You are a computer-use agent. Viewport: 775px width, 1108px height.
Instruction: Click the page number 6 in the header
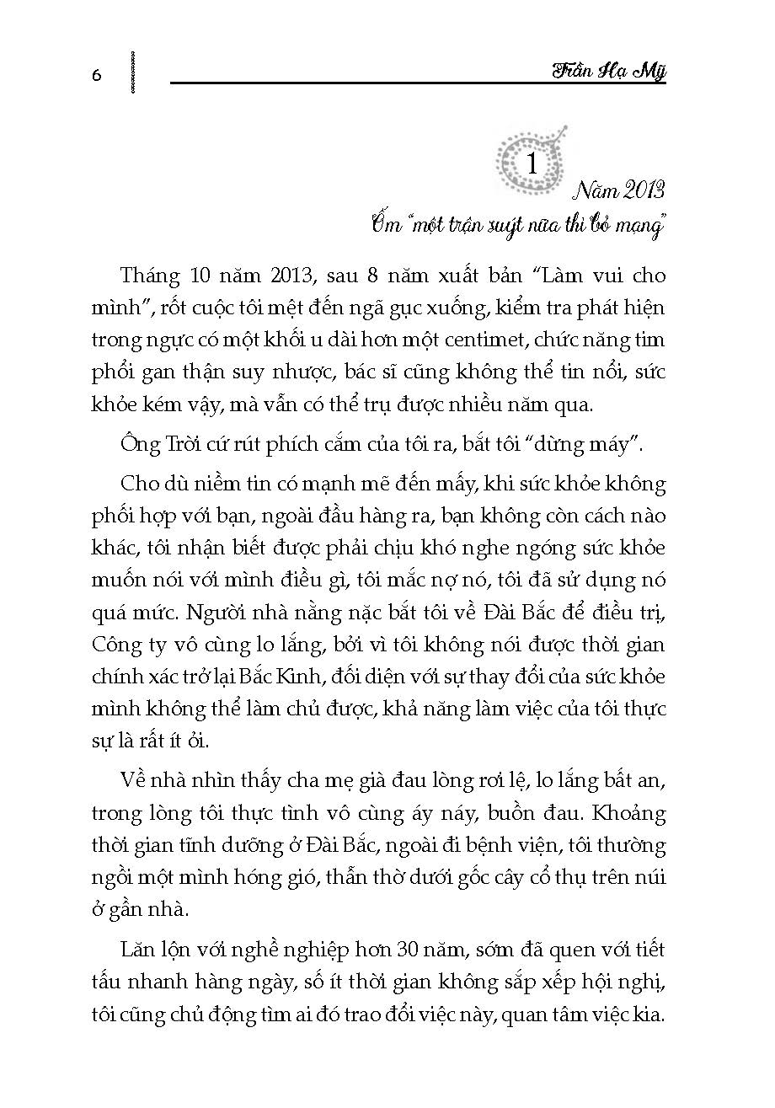coord(96,75)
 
